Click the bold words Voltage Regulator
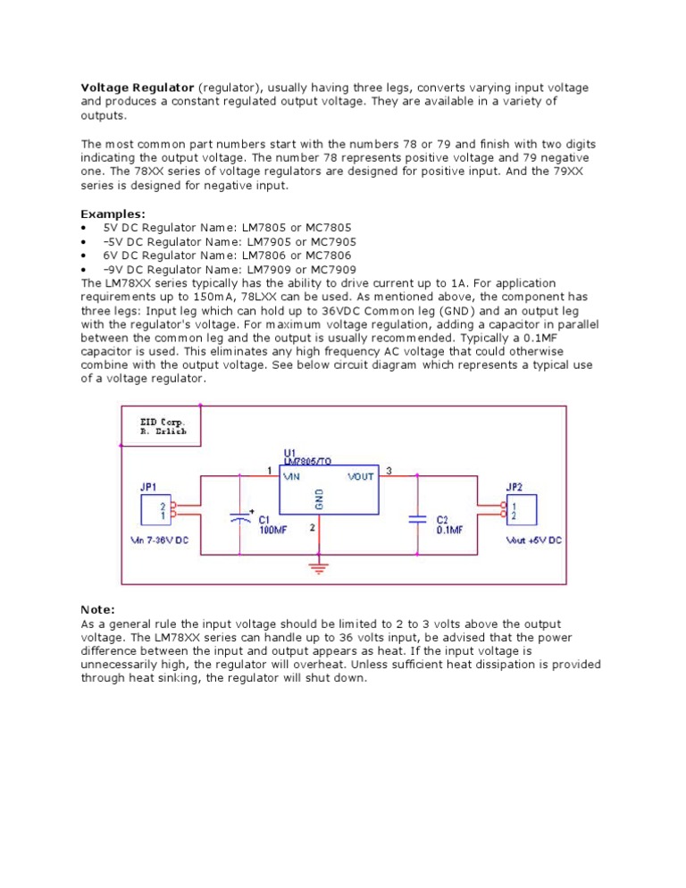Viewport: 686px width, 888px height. click(137, 88)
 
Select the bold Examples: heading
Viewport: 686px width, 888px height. click(113, 214)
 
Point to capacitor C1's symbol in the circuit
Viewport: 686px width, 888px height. click(240, 517)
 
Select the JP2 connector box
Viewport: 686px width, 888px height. click(522, 511)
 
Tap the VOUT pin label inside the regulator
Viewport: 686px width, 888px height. click(360, 477)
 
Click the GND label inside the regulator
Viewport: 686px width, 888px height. click(319, 500)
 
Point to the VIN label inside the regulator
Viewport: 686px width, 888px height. click(291, 477)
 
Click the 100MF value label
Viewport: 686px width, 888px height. click(273, 530)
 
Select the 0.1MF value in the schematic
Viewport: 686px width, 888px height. click(449, 530)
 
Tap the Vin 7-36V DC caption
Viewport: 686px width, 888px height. click(160, 541)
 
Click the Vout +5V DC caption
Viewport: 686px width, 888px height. click(534, 541)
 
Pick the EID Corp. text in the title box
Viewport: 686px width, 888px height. click(162, 421)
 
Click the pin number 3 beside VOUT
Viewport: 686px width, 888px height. click(388, 469)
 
